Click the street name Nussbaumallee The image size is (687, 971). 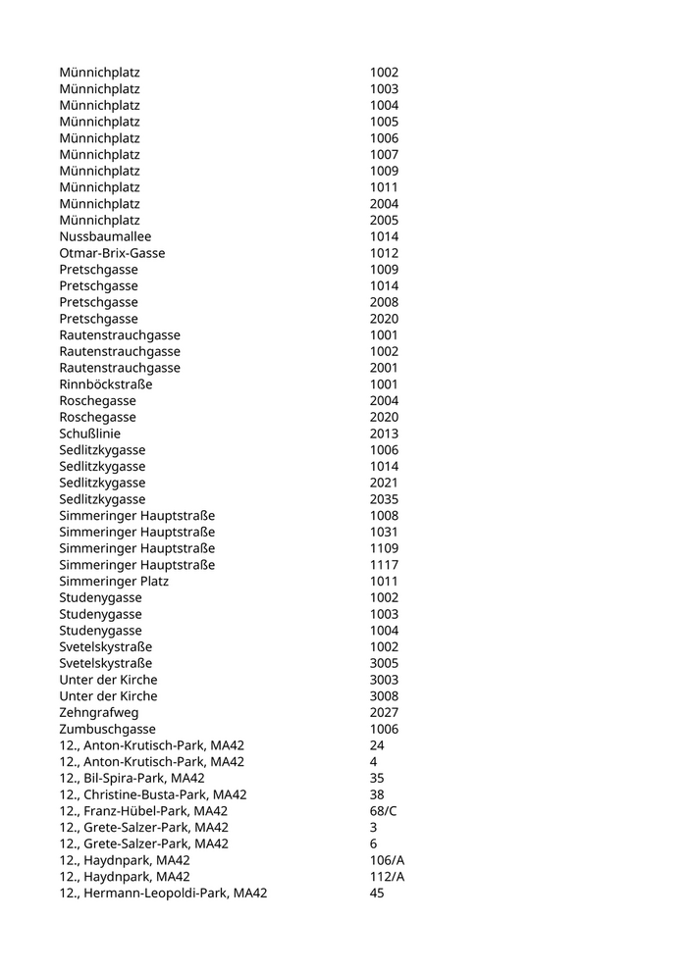105,236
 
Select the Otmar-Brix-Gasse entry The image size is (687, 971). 112,253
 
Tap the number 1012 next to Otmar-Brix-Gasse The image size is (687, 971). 384,253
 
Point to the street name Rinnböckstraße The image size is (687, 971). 105,384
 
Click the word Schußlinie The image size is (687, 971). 90,434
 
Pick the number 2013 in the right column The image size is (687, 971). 384,434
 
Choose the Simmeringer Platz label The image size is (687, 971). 114,582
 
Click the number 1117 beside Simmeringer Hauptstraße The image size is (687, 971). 384,565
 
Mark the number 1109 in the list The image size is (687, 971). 384,548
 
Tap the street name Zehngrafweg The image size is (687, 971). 99,713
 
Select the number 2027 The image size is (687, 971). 384,713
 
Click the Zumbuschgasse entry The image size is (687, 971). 107,730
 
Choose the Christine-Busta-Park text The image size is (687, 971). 153,795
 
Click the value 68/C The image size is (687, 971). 384,811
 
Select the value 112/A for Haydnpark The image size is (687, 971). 387,877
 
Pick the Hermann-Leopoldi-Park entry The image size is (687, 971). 163,894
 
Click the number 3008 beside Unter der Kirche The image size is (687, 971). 384,696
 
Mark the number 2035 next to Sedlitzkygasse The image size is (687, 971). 384,499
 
